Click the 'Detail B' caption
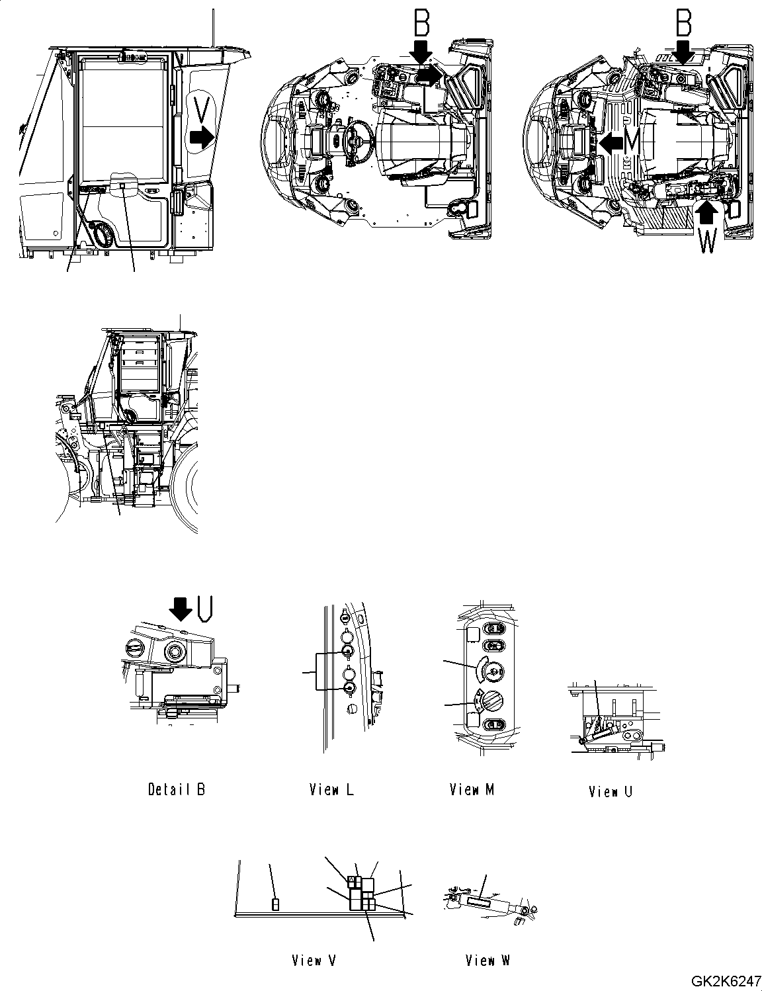point(176,789)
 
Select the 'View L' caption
point(331,789)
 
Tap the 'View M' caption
point(472,789)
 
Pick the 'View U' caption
point(611,791)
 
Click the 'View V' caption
point(314,961)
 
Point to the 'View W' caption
point(487,961)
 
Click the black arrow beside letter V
point(201,138)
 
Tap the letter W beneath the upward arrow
point(706,243)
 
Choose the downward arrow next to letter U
point(180,607)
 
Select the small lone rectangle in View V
point(276,904)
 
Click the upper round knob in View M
point(491,670)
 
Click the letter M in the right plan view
point(632,140)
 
